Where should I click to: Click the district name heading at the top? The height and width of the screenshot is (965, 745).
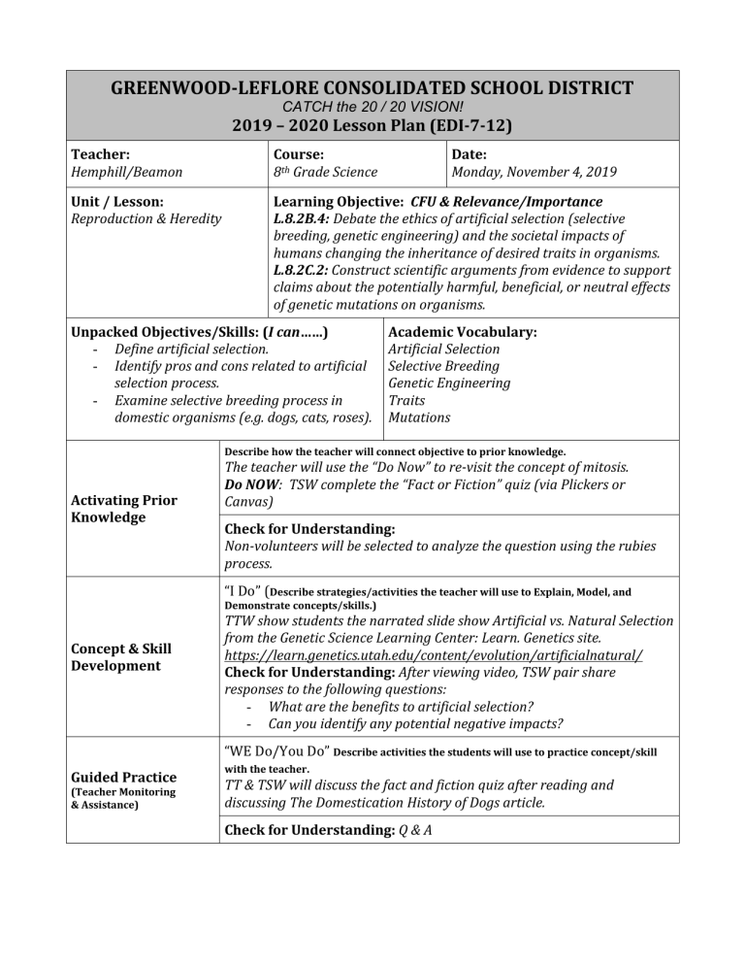click(x=372, y=88)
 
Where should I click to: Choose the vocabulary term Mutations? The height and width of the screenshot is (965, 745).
click(x=419, y=418)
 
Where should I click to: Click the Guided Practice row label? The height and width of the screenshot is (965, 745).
click(x=132, y=777)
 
